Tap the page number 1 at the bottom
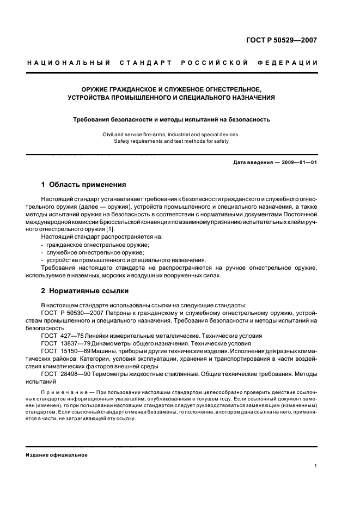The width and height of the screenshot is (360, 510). (315, 466)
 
